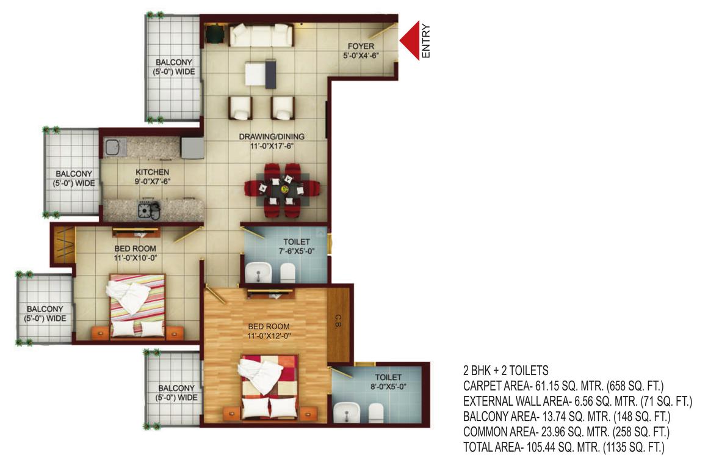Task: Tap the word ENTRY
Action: pyautogui.click(x=426, y=41)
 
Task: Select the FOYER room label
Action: pyautogui.click(x=361, y=46)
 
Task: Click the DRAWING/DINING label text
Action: pyautogui.click(x=272, y=137)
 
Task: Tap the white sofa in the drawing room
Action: pyautogui.click(x=261, y=35)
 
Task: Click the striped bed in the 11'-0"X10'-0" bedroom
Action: pyautogui.click(x=137, y=304)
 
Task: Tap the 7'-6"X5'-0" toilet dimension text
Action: pyautogui.click(x=297, y=251)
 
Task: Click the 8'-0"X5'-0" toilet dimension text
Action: pyautogui.click(x=388, y=386)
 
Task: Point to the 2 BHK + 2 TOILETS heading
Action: pyautogui.click(x=506, y=370)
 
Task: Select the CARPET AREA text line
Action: pyautogui.click(x=563, y=386)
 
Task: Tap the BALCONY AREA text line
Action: pyautogui.click(x=567, y=417)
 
